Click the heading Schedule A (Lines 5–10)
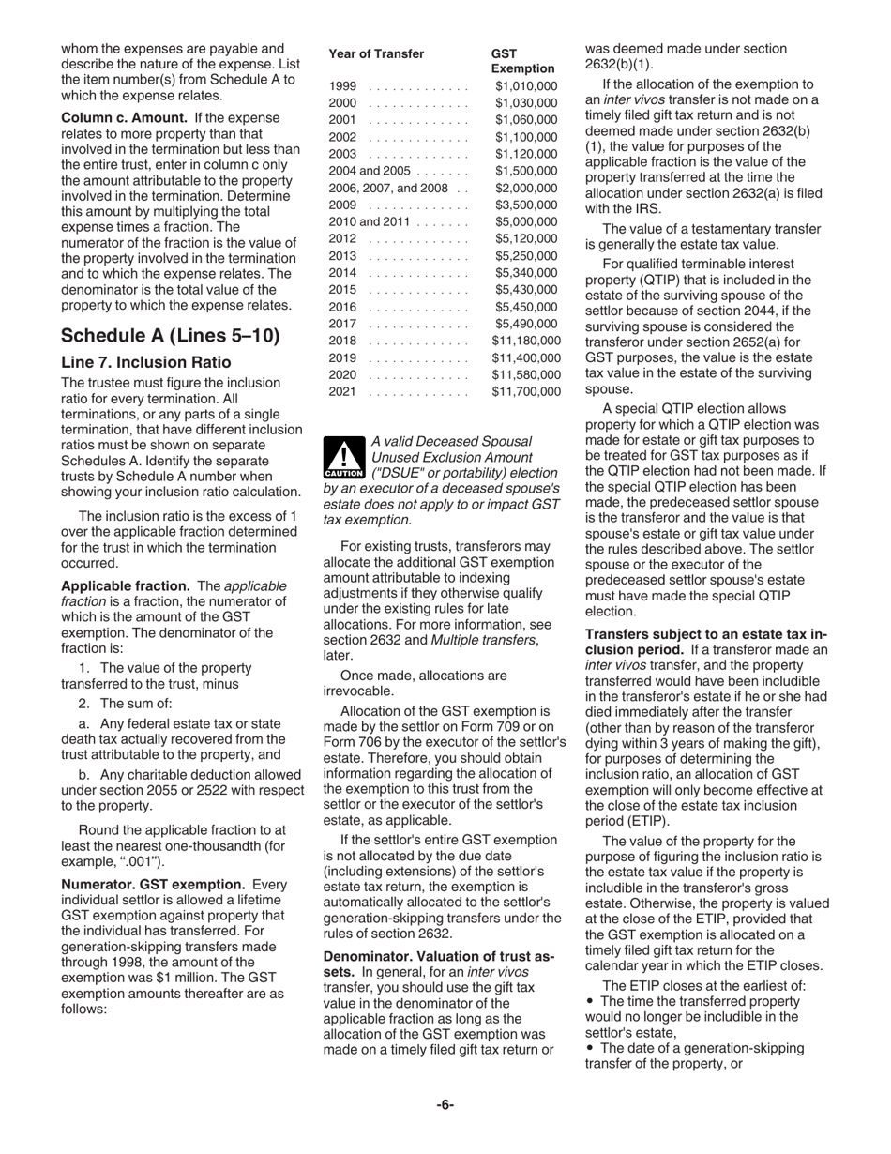pos(170,336)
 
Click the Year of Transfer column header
pos(376,53)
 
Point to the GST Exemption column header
pos(522,61)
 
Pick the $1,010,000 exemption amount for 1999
pos(525,86)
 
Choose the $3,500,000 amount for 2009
pos(525,205)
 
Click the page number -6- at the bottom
pos(445,1104)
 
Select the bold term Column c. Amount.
pos(124,118)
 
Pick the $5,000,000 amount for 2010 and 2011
pos(525,221)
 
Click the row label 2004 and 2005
pos(370,171)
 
